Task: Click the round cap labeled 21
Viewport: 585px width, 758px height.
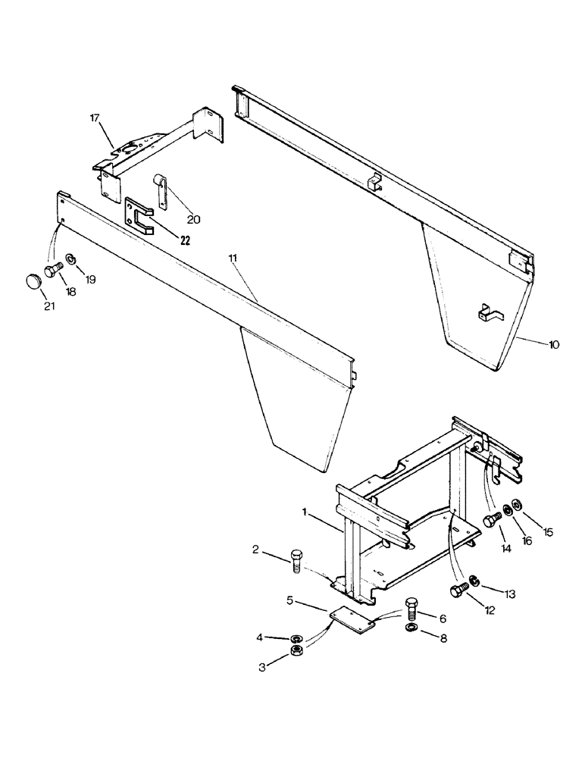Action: click(x=33, y=282)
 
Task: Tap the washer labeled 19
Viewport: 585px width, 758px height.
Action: click(x=70, y=259)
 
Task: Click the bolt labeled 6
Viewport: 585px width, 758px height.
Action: click(x=411, y=606)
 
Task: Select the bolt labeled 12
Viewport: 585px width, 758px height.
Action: click(x=459, y=591)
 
